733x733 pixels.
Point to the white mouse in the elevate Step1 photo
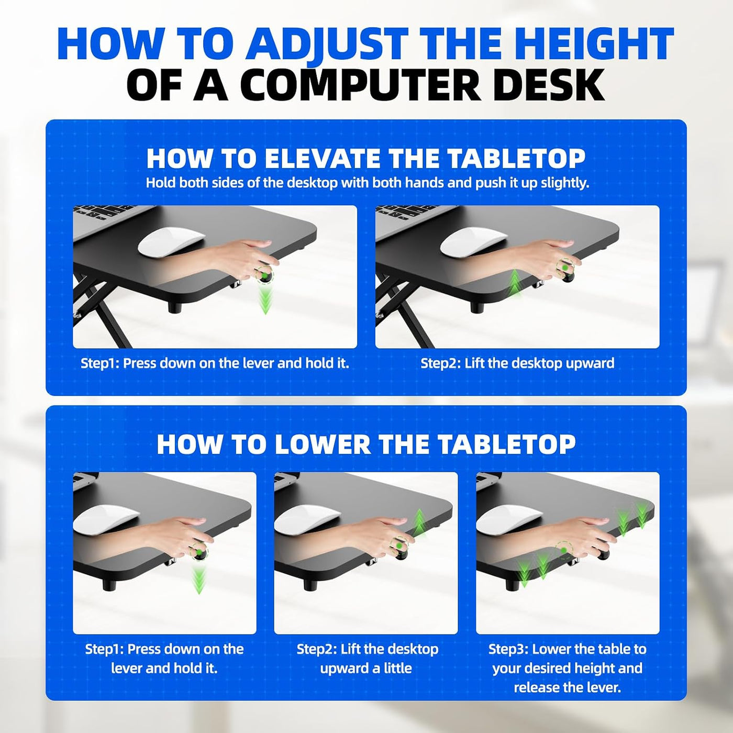(171, 242)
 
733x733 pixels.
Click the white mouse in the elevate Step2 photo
(474, 242)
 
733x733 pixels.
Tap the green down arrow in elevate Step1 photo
(265, 299)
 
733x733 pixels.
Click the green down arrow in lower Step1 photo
(198, 579)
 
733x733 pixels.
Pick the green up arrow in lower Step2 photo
(419, 523)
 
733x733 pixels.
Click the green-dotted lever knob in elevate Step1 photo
(265, 275)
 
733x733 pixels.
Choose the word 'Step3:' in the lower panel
(508, 649)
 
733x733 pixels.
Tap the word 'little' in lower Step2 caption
(397, 668)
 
